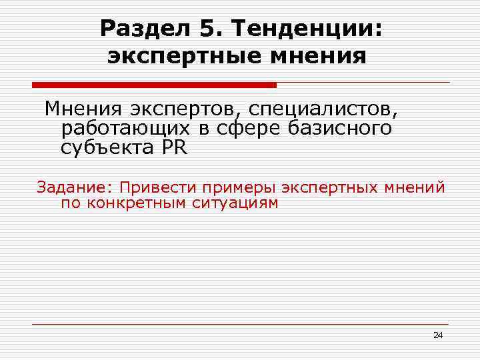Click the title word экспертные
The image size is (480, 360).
click(x=175, y=56)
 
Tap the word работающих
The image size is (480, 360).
click(x=125, y=128)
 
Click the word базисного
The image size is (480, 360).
click(x=340, y=128)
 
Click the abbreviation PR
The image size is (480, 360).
click(x=174, y=148)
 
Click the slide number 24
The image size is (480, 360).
click(x=437, y=335)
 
